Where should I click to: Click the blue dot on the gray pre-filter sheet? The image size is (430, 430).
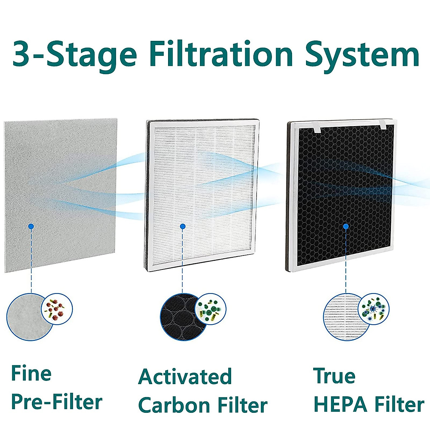click(31, 226)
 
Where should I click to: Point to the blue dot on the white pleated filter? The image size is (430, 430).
click(182, 226)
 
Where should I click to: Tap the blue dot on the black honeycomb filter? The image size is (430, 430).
click(346, 226)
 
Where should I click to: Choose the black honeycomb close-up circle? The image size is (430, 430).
click(179, 318)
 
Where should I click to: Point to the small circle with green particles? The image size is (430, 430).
click(210, 309)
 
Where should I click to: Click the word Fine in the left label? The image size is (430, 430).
click(32, 373)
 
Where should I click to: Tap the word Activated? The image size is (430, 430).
click(185, 377)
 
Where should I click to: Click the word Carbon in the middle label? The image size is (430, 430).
click(174, 405)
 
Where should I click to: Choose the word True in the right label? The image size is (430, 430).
click(334, 376)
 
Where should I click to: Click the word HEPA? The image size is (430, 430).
click(340, 404)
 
